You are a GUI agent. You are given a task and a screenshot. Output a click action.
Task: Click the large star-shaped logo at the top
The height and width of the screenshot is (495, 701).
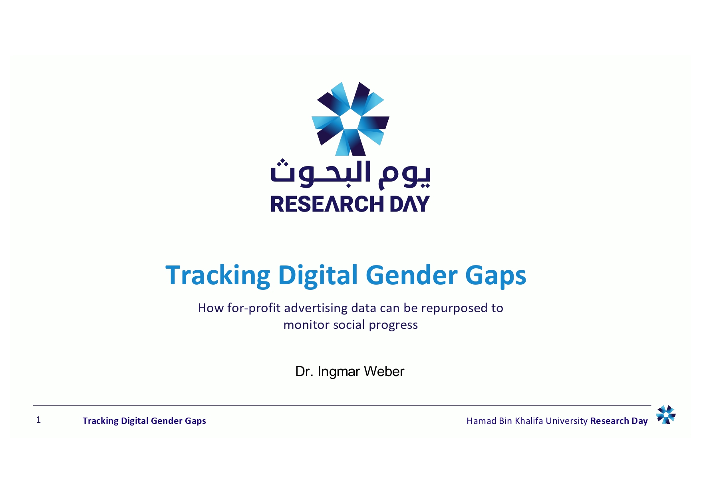tap(350, 119)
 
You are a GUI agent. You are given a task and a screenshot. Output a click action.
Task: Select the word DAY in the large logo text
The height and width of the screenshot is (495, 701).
tap(410, 204)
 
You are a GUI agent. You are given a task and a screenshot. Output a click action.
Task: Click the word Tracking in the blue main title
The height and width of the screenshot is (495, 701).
tap(218, 276)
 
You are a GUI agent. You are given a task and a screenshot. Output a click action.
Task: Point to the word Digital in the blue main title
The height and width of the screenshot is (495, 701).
tap(318, 276)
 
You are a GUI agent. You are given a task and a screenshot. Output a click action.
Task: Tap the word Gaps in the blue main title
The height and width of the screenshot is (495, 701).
tap(496, 276)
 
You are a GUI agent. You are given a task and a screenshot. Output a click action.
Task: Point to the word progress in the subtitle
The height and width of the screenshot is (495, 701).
tap(393, 325)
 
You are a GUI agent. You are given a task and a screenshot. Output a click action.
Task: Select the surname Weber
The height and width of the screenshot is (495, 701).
tap(384, 372)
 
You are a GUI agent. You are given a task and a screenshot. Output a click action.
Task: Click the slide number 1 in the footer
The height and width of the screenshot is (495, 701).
tap(38, 420)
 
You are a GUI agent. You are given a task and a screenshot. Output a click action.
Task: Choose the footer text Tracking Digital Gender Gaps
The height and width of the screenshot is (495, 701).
tap(144, 421)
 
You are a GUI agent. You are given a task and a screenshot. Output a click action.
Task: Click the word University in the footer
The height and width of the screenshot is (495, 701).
tap(566, 421)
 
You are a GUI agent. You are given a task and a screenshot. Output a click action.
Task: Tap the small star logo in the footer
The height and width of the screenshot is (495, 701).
tap(666, 414)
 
